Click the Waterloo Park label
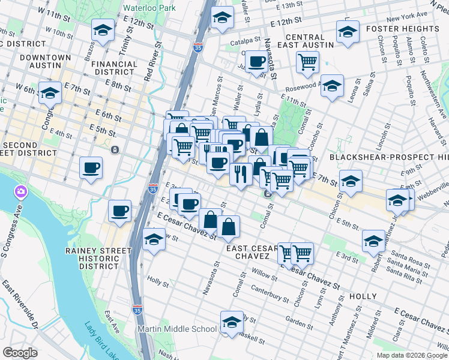[x=149, y=8]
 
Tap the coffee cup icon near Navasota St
[x=257, y=62]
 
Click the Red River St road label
[x=152, y=61]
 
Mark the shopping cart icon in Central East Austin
[x=307, y=61]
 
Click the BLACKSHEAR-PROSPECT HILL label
[x=389, y=157]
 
